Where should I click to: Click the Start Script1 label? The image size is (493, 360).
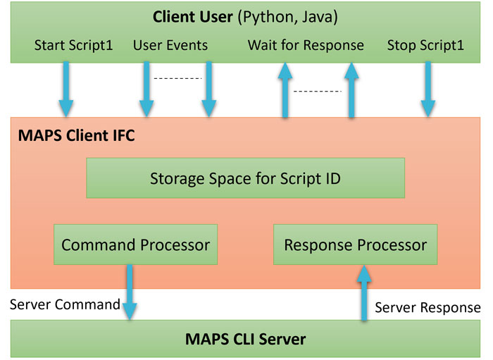tap(73, 46)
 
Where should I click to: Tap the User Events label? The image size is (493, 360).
tap(170, 46)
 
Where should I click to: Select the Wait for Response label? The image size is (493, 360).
tap(306, 46)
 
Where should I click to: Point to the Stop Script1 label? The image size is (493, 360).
tap(425, 46)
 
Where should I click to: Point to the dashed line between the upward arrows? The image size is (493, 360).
tap(317, 92)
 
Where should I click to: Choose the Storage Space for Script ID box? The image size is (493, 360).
tap(245, 178)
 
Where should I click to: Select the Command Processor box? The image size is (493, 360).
tap(136, 245)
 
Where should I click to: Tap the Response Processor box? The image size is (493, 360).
tap(355, 245)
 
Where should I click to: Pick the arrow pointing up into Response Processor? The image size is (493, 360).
tap(364, 292)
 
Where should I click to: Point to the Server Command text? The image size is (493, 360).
tap(65, 304)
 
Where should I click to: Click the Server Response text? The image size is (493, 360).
tap(428, 308)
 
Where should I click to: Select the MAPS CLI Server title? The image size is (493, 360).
tap(245, 340)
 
